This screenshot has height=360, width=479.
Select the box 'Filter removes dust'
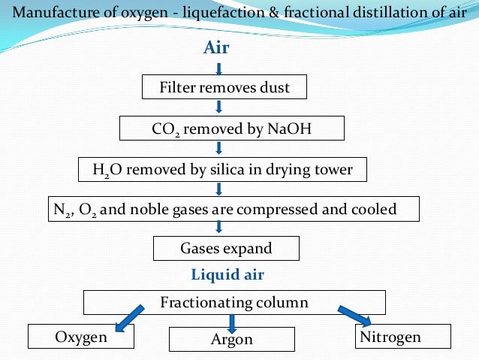point(225,87)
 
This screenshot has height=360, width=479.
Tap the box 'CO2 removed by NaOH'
point(231,129)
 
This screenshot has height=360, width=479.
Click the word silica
point(229,169)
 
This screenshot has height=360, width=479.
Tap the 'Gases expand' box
point(225,247)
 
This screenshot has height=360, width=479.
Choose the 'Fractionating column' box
point(233,303)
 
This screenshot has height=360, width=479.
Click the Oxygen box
point(80,337)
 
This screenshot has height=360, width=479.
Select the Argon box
point(232,340)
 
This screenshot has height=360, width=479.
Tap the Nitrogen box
point(401,337)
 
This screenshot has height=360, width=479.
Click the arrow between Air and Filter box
point(218,68)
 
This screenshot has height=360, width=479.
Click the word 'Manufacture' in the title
point(52,12)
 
